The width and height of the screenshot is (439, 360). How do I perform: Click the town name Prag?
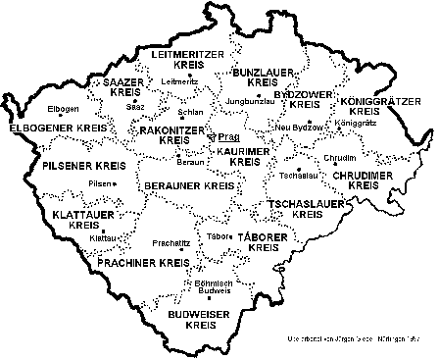228,137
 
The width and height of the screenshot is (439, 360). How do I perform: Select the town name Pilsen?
100,183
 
